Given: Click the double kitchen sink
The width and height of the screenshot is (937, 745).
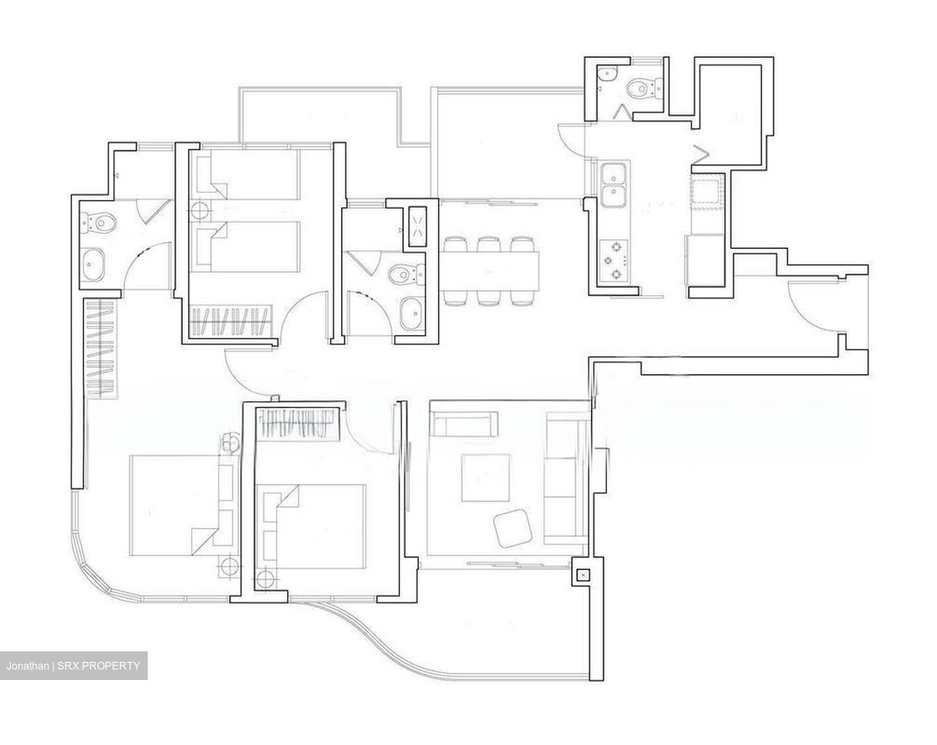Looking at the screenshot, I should [614, 185].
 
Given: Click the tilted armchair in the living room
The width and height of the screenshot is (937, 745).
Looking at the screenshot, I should [513, 527].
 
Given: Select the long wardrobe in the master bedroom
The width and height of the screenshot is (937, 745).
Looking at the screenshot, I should [102, 348].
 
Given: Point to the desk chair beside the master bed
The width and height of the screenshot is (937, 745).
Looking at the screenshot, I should [231, 442].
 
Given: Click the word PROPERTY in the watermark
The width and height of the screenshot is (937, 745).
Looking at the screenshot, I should [110, 666].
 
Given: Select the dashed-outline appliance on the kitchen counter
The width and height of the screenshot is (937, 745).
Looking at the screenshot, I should [706, 194].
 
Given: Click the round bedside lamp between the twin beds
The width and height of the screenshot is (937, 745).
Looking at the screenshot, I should [200, 211].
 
